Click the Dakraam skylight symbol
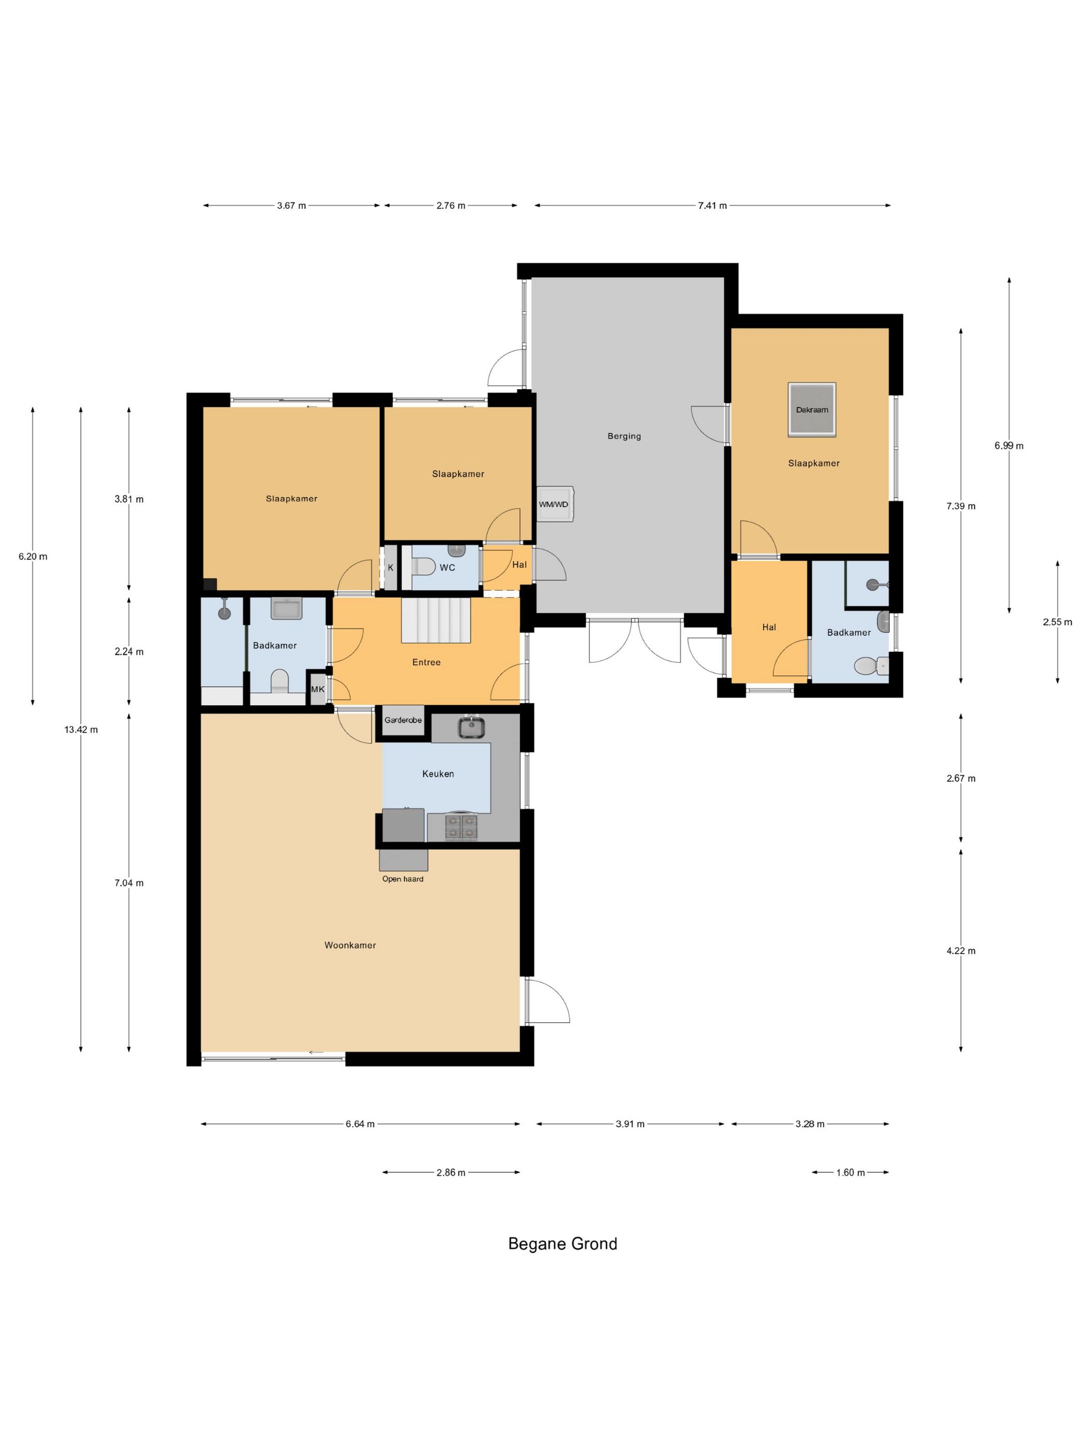click(x=811, y=409)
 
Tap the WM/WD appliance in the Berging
click(x=554, y=504)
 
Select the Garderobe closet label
click(x=403, y=720)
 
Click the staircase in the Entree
click(x=436, y=619)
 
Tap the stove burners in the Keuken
click(x=461, y=827)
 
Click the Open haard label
click(x=403, y=879)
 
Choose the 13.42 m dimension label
click(x=81, y=730)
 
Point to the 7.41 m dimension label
click(x=712, y=205)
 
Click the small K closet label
click(x=391, y=567)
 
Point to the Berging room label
click(x=624, y=436)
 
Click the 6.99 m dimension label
click(x=1009, y=445)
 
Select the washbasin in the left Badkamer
click(x=286, y=609)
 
